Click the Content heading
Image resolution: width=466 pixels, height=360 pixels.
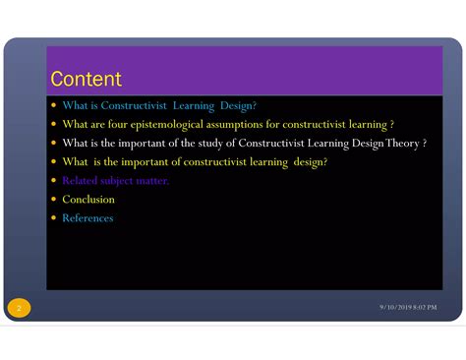tap(86, 79)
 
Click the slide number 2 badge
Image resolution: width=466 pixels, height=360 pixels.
tap(18, 309)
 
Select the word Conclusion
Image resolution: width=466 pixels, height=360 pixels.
tap(88, 200)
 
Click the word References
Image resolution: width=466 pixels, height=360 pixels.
tap(87, 218)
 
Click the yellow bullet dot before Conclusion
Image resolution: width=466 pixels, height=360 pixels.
tap(53, 200)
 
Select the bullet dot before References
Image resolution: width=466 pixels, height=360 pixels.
tap(53, 218)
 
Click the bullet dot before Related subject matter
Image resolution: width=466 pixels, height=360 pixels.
tap(53, 181)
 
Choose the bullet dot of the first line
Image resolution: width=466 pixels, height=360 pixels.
tap(53, 106)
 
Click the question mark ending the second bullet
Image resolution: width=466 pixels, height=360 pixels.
tap(391, 125)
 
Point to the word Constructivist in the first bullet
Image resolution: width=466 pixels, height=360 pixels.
tap(140, 106)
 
